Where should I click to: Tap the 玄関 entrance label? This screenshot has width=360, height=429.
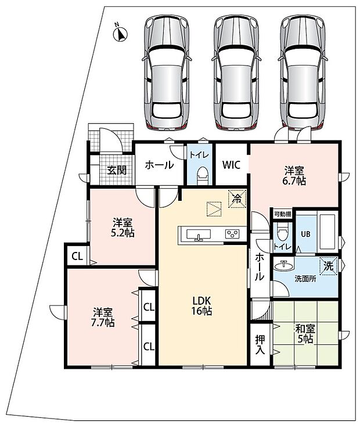point(117,170)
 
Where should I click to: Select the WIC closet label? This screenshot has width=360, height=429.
point(231,165)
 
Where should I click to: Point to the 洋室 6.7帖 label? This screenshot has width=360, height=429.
point(294,176)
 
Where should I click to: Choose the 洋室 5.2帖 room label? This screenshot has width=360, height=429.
point(123,228)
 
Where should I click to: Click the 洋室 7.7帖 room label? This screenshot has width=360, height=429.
point(103,318)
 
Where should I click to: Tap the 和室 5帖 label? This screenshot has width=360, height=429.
point(305,334)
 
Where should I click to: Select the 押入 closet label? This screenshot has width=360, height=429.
point(260,345)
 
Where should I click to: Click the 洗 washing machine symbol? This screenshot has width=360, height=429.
point(329,266)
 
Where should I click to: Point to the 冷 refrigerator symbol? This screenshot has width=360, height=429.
point(237,199)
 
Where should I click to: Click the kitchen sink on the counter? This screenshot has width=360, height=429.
point(199,235)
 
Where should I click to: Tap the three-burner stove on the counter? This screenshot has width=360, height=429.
point(232,234)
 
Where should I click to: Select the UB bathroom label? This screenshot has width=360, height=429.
point(305,235)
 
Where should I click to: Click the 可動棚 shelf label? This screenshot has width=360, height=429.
point(282,214)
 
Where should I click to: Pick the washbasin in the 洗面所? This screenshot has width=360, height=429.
point(284,265)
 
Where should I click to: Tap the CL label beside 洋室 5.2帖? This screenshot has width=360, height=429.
point(77,257)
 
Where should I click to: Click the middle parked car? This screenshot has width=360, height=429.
point(236,72)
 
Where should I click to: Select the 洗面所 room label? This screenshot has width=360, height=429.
point(305,279)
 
